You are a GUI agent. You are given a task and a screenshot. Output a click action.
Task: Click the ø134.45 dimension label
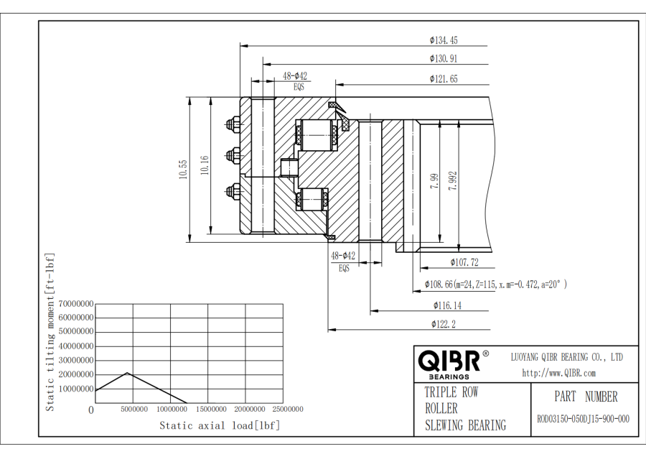coord(444,40)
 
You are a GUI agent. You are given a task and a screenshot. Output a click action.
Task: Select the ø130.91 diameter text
coord(444,59)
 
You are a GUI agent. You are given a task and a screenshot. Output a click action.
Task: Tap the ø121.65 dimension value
coord(444,79)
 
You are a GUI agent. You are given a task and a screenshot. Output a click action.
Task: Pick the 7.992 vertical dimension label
coord(452,180)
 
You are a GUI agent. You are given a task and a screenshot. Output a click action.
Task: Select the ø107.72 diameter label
coord(464,262)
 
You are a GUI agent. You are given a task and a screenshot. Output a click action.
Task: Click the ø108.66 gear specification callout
coord(496,285)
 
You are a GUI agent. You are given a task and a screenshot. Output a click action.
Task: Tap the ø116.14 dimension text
coord(446,305)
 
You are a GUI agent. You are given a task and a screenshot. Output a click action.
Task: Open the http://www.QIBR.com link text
coord(558,373)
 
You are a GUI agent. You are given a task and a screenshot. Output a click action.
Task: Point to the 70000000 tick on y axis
coord(70,304)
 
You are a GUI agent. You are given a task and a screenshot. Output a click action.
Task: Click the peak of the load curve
coord(127,373)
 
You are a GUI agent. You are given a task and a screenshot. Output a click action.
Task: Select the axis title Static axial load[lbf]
coord(220,425)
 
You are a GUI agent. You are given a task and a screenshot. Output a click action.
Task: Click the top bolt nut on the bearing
coord(233,124)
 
